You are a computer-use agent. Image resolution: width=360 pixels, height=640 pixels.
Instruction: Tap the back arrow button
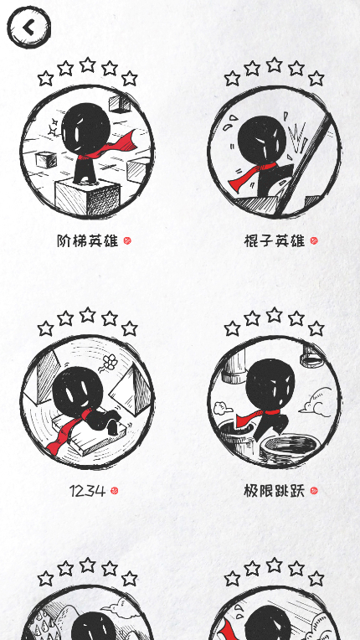pyautogui.click(x=28, y=27)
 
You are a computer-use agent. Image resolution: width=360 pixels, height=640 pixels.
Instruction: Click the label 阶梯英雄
pyautogui.click(x=87, y=240)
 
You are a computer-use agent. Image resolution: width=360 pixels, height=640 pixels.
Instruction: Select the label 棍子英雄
pyautogui.click(x=274, y=240)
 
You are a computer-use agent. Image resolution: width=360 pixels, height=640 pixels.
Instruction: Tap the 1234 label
pyautogui.click(x=87, y=491)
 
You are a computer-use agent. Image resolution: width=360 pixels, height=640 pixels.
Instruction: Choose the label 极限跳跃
pyautogui.click(x=274, y=491)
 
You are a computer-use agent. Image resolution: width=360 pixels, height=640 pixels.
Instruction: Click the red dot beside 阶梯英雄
pyautogui.click(x=127, y=240)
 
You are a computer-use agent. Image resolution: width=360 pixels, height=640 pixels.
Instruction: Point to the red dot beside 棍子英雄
pyautogui.click(x=314, y=240)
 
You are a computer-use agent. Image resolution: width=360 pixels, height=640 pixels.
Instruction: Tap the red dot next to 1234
pyautogui.click(x=115, y=491)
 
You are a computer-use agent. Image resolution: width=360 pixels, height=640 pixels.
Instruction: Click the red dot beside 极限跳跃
pyautogui.click(x=314, y=491)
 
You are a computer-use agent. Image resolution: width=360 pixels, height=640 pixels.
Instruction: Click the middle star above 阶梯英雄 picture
pyautogui.click(x=87, y=65)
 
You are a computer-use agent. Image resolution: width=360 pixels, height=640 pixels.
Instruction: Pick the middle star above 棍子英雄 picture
pyautogui.click(x=274, y=65)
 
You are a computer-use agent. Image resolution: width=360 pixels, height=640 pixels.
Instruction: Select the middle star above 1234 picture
pyautogui.click(x=87, y=315)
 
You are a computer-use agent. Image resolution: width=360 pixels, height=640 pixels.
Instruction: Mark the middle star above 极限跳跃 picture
pyautogui.click(x=274, y=315)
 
